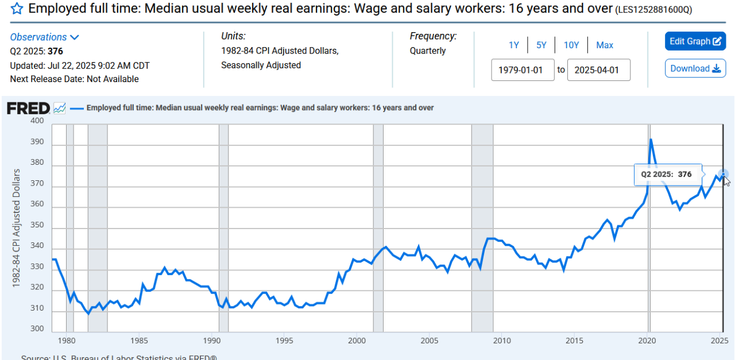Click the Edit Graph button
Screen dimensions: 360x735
click(x=695, y=41)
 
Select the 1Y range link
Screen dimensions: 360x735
click(x=514, y=45)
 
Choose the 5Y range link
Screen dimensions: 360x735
click(x=541, y=45)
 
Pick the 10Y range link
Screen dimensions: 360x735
click(x=571, y=45)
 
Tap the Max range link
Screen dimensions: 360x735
click(x=605, y=45)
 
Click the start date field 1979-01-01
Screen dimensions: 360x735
click(x=523, y=70)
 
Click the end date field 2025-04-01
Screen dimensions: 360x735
click(x=599, y=70)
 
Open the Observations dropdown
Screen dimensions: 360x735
click(x=44, y=37)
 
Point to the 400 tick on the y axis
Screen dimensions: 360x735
click(x=37, y=121)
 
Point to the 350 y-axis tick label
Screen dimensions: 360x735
click(x=37, y=225)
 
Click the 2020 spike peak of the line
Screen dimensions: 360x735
click(x=651, y=140)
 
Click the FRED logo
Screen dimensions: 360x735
click(x=28, y=108)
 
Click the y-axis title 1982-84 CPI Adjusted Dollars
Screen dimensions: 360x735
click(x=17, y=229)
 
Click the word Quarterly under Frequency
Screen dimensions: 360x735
click(x=428, y=51)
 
